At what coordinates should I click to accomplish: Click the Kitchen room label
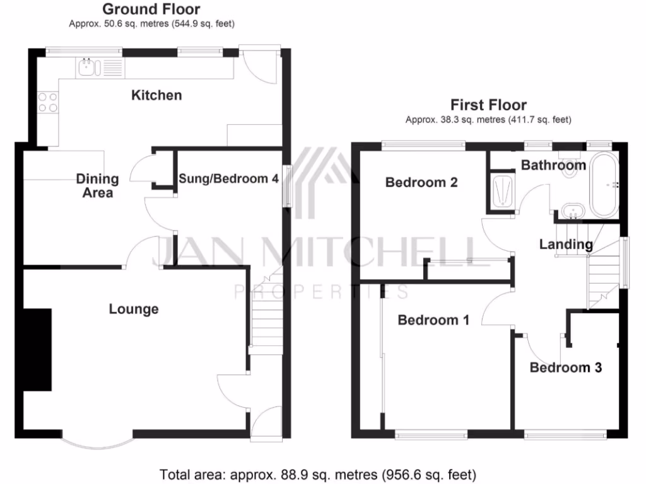point(156,95)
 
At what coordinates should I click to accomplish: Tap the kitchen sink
point(87,66)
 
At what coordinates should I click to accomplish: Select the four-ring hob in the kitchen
point(48,102)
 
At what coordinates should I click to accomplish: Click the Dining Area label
point(97,185)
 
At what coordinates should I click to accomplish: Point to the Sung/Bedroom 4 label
point(228,178)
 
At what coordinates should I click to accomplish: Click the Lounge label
point(134,309)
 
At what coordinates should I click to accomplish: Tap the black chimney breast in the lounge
point(37,349)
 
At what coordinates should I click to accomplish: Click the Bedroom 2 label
point(421,183)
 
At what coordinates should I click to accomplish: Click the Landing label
point(566,245)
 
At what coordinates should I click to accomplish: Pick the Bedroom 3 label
point(565,367)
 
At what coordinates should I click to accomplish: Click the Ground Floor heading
point(151,9)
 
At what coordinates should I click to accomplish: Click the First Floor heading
point(488,105)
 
